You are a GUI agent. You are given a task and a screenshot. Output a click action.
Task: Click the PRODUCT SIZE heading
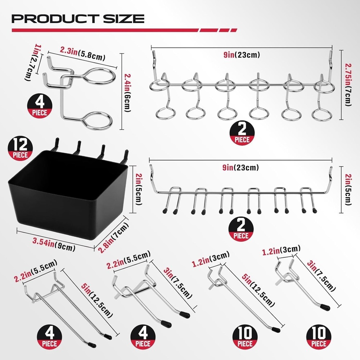(x=78, y=18)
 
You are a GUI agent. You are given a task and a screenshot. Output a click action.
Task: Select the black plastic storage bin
(x=67, y=191)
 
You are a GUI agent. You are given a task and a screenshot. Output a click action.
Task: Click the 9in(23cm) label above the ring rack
(x=241, y=55)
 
